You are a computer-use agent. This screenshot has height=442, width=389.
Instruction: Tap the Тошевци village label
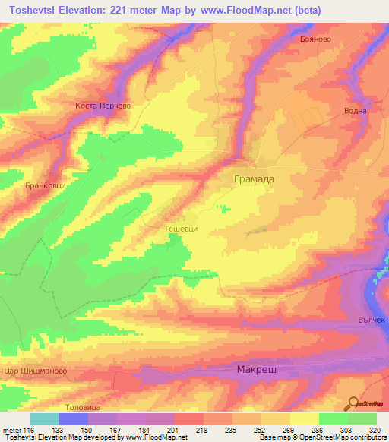tap(182, 227)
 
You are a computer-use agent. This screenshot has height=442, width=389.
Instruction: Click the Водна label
tap(356, 111)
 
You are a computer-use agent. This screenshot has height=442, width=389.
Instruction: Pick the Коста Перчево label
tap(104, 106)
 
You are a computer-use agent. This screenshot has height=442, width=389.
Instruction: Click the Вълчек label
tap(372, 320)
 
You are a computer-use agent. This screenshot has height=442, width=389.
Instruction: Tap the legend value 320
tap(374, 429)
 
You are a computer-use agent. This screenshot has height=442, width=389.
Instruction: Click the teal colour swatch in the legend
tap(45, 418)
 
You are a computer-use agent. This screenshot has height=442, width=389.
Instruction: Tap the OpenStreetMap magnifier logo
tap(353, 403)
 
